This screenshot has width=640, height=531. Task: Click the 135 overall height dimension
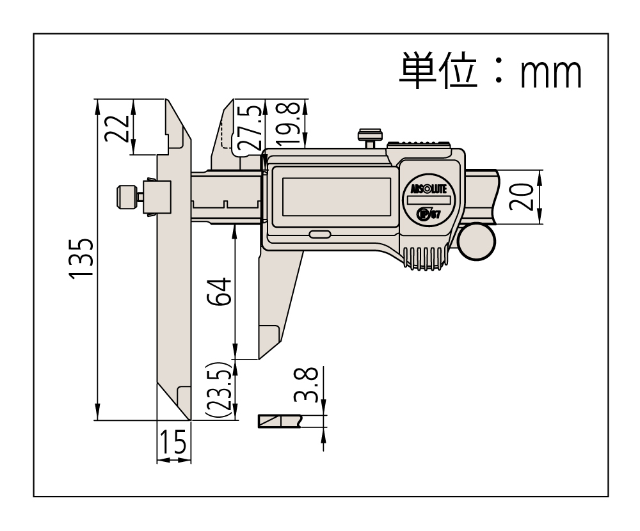(81, 258)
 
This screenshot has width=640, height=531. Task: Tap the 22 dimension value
(116, 128)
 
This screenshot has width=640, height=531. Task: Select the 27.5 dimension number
(248, 127)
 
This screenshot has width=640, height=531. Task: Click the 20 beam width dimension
(521, 197)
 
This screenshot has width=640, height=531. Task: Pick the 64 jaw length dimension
(219, 292)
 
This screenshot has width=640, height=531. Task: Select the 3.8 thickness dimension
(307, 384)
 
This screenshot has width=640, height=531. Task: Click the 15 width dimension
(174, 442)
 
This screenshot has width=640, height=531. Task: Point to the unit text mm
(550, 74)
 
